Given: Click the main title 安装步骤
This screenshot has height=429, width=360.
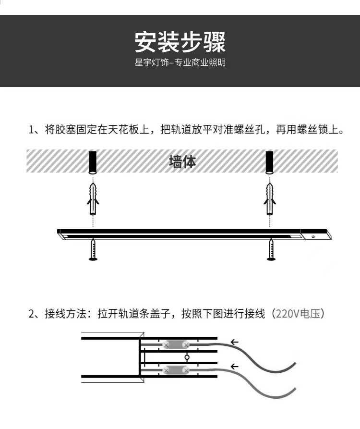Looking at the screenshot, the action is coord(180,42).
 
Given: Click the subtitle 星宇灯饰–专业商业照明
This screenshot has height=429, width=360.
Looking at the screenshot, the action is coord(180,62).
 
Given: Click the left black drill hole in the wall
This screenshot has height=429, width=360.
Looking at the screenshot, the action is coord(93,162).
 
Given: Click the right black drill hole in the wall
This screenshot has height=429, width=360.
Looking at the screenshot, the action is coord(270,162).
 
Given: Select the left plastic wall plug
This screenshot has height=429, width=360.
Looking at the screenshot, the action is coord(93,199).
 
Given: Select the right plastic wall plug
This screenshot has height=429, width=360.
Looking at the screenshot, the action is coord(270,199).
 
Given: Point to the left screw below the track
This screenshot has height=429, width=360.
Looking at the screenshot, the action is coord(93,249).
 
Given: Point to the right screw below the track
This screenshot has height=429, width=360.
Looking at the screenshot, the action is coord(271,249).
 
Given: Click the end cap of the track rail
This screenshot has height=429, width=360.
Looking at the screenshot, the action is coord(316,235).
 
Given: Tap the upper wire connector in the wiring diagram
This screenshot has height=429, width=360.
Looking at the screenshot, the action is coord(176,345).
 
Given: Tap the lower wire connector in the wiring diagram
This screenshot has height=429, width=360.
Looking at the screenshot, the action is coord(176,370).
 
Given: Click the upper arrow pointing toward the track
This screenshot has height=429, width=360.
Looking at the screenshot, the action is coord(235,342).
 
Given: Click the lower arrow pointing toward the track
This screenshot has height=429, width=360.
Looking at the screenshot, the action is coord(235,367).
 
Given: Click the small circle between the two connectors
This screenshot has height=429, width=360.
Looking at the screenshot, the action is coord(187,357).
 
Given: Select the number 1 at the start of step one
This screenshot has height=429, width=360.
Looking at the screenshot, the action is coord(31,130).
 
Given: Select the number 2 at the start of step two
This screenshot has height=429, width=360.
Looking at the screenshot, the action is coord(32,314).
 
